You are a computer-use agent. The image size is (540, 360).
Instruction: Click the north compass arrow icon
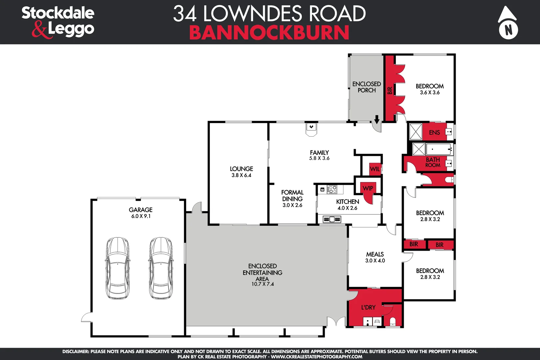508,23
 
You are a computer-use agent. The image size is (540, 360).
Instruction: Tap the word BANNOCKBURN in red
269,33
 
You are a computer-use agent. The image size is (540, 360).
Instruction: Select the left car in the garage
117,268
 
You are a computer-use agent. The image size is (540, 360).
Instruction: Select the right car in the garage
161,268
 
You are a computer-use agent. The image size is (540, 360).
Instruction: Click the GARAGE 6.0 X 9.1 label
141,213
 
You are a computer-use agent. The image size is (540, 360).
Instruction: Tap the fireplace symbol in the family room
311,129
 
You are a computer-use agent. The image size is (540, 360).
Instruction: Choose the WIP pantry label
368,188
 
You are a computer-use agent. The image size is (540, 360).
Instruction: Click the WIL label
375,169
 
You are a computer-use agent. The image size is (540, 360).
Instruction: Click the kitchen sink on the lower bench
332,219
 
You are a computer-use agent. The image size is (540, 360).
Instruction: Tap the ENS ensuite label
434,133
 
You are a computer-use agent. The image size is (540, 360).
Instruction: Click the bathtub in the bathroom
439,149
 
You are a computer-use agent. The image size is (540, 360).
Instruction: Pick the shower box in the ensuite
415,131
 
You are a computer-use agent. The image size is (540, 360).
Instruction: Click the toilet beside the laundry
392,321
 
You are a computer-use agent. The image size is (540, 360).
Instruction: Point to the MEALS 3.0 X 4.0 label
375,257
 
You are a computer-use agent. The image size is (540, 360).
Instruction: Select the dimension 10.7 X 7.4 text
263,284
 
